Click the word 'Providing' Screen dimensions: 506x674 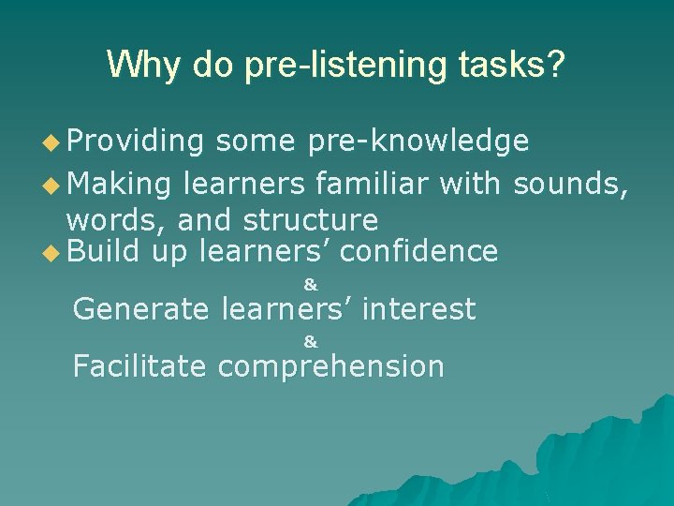coord(135,141)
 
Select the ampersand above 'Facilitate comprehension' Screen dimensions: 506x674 coord(311,343)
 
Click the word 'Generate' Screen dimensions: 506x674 coord(141,308)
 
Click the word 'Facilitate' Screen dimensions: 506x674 coord(139,365)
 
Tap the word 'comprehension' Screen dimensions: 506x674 coord(330,366)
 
